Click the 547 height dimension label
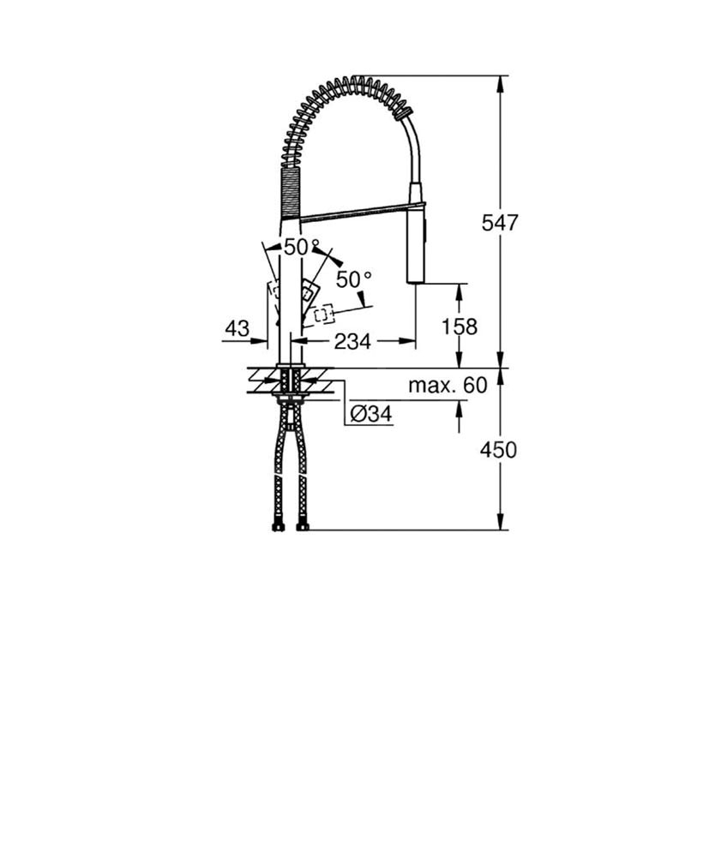pos(500,223)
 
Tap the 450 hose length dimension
pos(498,450)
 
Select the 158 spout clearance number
pos(460,327)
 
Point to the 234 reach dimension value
pos(352,342)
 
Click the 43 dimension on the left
pos(237,328)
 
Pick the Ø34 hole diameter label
pos(371,414)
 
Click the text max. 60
pos(448,386)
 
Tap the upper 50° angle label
pos(302,247)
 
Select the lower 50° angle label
pos(354,279)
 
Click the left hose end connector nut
pos(278,527)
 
